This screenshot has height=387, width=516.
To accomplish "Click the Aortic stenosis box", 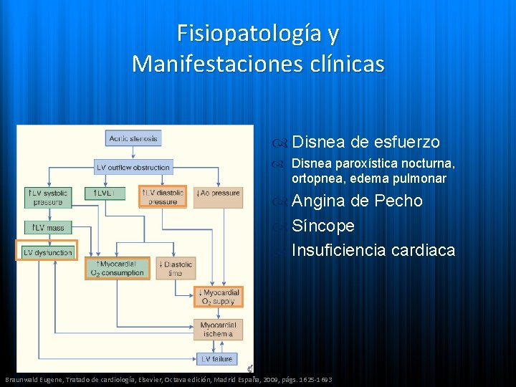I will [x=133, y=138].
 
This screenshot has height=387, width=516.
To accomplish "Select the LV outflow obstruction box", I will [x=133, y=168].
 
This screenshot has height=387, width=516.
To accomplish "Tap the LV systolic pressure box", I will [x=48, y=198].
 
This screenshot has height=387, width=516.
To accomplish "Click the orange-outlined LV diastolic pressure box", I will [x=163, y=197].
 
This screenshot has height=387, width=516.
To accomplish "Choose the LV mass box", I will [x=48, y=227].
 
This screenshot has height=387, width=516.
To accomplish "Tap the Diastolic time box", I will [x=176, y=268].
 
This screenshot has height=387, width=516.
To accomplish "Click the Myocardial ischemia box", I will [x=218, y=330].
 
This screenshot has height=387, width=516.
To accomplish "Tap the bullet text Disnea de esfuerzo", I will [x=365, y=142].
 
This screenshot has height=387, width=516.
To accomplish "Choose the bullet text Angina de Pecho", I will [x=357, y=201].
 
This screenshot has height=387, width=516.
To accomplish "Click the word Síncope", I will [x=323, y=226].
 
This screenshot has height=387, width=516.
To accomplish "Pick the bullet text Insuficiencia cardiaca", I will [x=373, y=250].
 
